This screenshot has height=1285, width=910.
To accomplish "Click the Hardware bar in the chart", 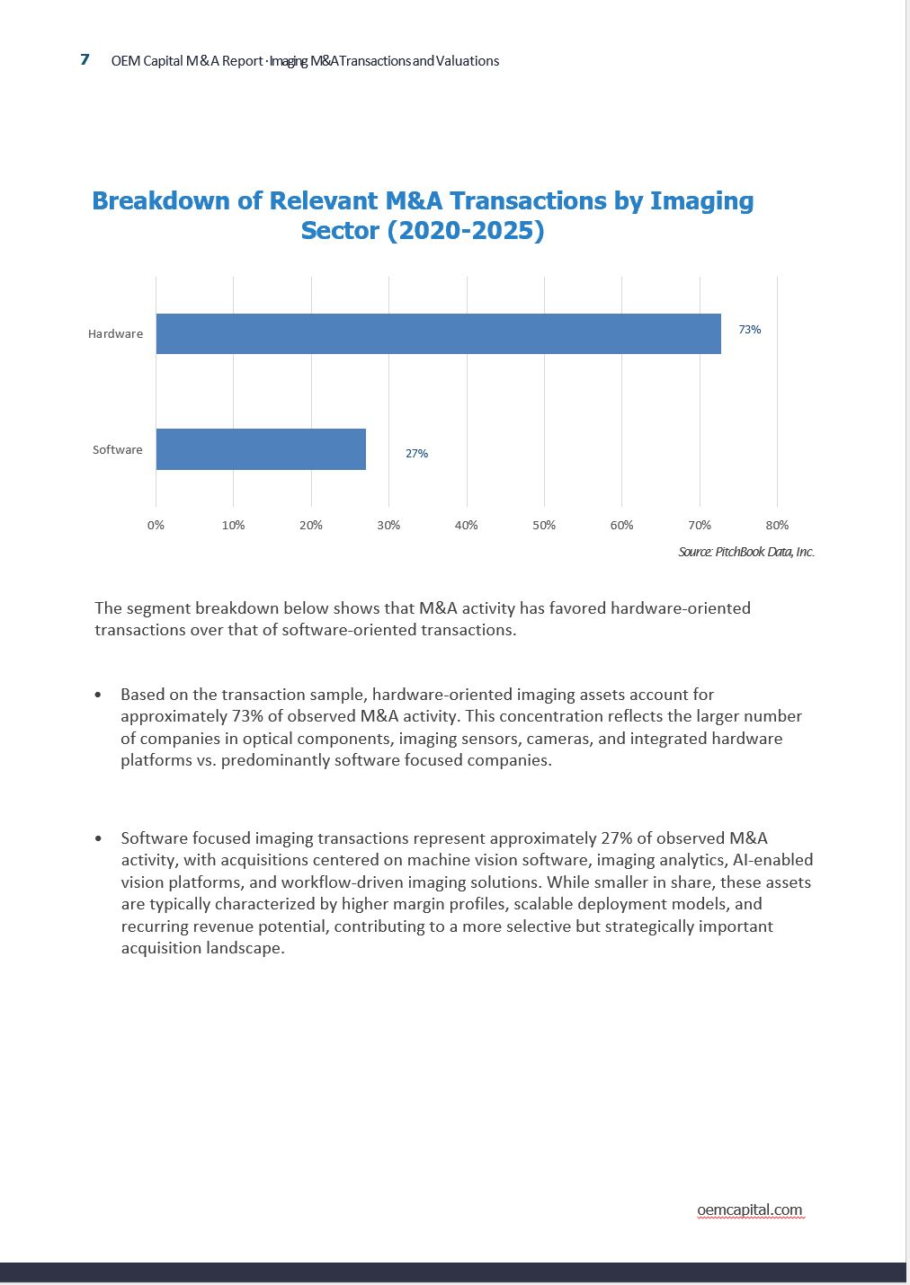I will tap(438, 333).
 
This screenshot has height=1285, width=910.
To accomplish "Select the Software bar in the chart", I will tap(261, 449).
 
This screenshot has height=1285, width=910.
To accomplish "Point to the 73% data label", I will tap(750, 330).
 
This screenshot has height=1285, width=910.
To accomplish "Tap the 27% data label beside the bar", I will tap(416, 454).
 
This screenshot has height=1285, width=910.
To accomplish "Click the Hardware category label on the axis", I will tap(115, 333).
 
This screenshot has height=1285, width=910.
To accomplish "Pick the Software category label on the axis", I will tap(117, 449).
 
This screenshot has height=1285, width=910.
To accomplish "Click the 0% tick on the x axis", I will tap(156, 525).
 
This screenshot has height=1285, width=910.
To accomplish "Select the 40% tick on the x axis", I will tap(466, 525).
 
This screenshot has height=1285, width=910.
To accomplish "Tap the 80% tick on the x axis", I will tap(777, 525).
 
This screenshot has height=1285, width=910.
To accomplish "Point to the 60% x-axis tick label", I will tap(621, 525).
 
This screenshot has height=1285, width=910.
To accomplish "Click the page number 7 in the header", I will tap(85, 59).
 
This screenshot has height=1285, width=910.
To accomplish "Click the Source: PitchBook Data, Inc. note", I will tap(746, 552).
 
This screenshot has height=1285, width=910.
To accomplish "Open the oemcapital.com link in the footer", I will tap(750, 1210).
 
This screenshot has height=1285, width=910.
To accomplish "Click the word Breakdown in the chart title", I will tap(161, 200).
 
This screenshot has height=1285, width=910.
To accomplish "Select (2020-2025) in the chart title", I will tap(466, 231).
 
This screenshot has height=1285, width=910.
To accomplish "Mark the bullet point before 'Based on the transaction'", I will tap(98, 696).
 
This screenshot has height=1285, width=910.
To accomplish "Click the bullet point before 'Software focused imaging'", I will tap(98, 839).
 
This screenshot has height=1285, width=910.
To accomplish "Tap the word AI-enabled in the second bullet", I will tap(772, 860).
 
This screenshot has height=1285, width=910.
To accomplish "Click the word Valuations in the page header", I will tap(468, 61).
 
